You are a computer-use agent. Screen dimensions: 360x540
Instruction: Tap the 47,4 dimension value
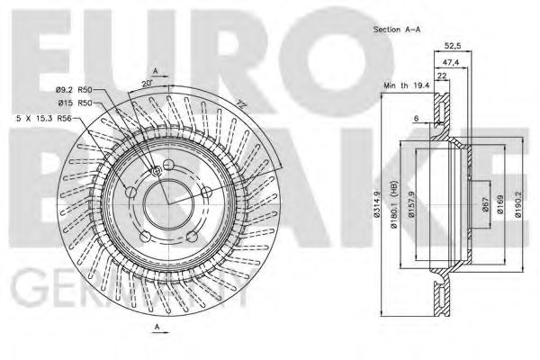tap(451, 63)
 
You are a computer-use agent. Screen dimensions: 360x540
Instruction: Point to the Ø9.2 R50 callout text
tap(75, 90)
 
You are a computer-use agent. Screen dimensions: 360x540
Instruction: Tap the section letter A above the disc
tap(155, 70)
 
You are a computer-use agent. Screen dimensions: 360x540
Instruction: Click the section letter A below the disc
tap(155, 328)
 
